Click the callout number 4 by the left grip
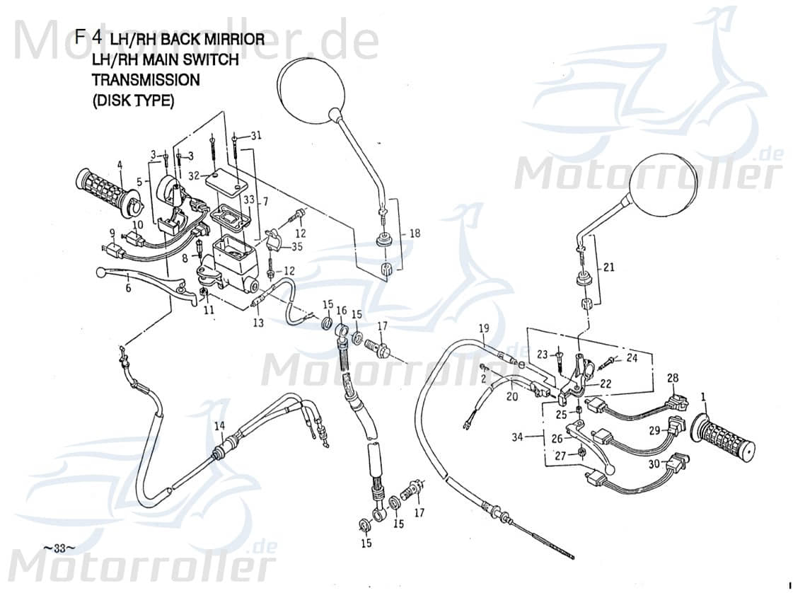[x=120, y=166]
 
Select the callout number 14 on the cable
[x=219, y=425]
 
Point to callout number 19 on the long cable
[x=484, y=328]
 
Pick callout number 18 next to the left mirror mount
[x=414, y=233]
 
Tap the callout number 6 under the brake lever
[x=128, y=288]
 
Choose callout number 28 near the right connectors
[x=672, y=379]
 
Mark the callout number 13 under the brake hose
[x=257, y=323]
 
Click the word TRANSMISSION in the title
[x=146, y=80]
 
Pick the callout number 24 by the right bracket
[x=632, y=358]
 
